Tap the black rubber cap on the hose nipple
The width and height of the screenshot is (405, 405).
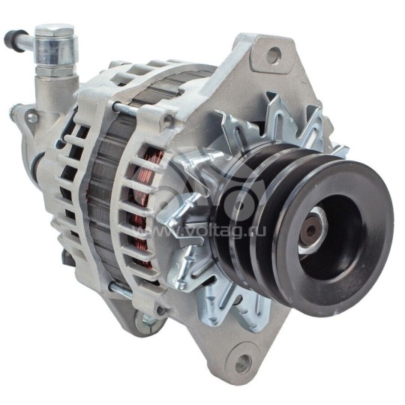(x=9, y=37)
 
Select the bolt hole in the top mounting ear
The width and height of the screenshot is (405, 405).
(x=274, y=54)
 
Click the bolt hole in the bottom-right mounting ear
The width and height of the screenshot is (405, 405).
(x=244, y=365)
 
